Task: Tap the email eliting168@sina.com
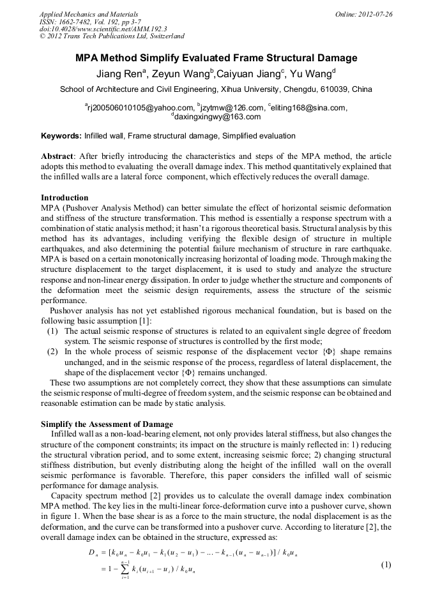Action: pyautogui.click(x=309, y=108)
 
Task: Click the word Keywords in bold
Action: pyautogui.click(x=61, y=136)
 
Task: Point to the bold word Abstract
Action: pyautogui.click(x=57, y=156)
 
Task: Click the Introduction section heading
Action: pyautogui.click(x=65, y=198)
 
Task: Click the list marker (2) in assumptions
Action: pyautogui.click(x=54, y=352)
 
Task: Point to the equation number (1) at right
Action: pyautogui.click(x=386, y=565)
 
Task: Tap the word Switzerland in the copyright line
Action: pyautogui.click(x=162, y=36)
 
